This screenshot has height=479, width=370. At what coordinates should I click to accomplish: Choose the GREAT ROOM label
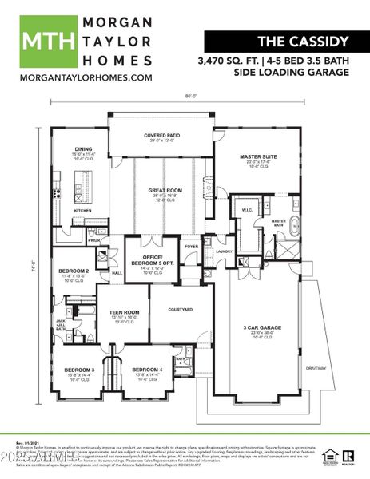(x=165, y=190)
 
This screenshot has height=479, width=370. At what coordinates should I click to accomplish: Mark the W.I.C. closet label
(x=246, y=210)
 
